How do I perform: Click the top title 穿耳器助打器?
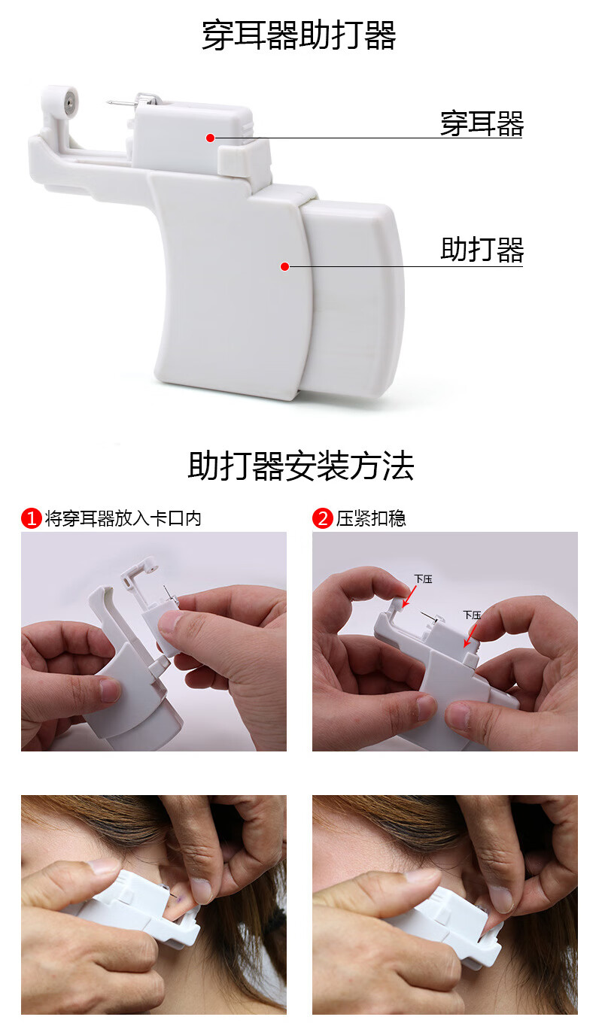pos(299,35)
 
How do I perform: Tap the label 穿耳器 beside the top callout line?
pos(482,123)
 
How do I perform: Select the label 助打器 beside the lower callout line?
pos(482,250)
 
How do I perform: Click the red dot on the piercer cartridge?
pos(210,138)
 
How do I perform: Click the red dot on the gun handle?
pos(284,266)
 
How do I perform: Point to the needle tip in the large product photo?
pos(108,102)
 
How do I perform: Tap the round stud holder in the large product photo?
pos(69,102)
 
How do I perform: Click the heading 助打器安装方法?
pos(300,466)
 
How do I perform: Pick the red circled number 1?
pos(32,518)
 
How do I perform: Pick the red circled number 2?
pos(323,518)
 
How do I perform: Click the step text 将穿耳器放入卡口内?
pos(123,518)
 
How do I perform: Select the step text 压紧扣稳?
pos(371,518)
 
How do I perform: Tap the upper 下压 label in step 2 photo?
pos(423,579)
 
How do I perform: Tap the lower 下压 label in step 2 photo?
pos(473,615)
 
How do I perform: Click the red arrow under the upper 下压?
pos(409,596)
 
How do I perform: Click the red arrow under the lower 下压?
pos(471,636)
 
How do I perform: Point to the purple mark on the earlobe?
pos(175,899)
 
